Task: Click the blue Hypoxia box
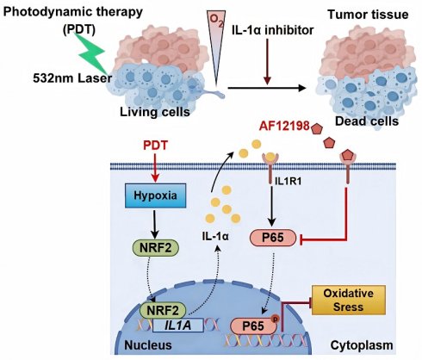click(155, 196)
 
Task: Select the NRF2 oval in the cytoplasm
click(155, 248)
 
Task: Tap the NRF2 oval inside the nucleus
click(163, 310)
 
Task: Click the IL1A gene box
click(178, 326)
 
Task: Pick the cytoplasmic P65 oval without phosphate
click(273, 238)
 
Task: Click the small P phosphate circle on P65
click(275, 319)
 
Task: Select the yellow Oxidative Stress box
click(349, 300)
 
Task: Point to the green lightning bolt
click(92, 53)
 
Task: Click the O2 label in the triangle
click(217, 21)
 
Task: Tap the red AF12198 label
click(284, 126)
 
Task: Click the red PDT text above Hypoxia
click(155, 146)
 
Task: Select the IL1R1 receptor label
click(288, 181)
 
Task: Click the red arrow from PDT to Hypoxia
click(155, 168)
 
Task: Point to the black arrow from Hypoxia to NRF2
click(155, 224)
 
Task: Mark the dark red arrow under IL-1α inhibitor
click(267, 62)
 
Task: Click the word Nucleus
click(148, 344)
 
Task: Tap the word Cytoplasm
click(362, 345)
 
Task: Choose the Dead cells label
click(367, 121)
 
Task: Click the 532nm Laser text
click(72, 78)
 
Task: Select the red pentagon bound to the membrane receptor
click(348, 155)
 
